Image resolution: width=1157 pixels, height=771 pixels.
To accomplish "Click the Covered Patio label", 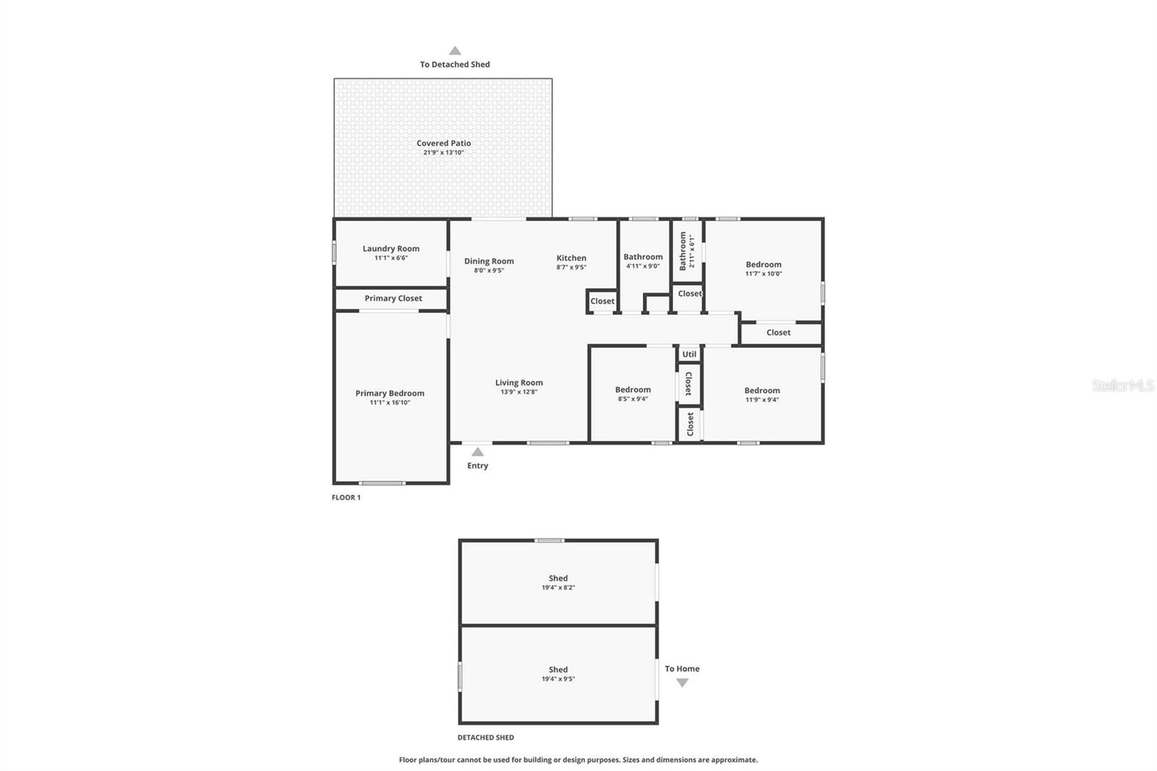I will click(x=443, y=143).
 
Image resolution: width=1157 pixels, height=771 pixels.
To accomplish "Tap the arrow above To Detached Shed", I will click(x=455, y=51).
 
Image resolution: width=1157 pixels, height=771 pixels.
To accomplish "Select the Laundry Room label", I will click(x=390, y=249).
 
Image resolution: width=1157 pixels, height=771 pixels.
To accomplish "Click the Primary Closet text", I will click(x=393, y=298).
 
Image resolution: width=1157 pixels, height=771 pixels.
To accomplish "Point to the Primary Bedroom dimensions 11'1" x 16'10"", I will click(x=390, y=403).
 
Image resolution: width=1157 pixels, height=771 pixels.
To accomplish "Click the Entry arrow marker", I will click(x=477, y=452).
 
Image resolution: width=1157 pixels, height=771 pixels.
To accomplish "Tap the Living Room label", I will click(x=518, y=383).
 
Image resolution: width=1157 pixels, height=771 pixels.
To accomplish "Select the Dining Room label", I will click(x=489, y=261).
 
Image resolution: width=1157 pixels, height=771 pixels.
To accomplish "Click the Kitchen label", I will click(x=571, y=258).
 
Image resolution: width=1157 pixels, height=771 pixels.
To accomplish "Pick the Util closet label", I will click(x=689, y=354).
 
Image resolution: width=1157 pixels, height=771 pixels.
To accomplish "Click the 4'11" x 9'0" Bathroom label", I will click(x=643, y=257).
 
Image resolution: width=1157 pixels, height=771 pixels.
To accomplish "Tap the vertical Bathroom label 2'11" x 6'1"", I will click(x=683, y=251).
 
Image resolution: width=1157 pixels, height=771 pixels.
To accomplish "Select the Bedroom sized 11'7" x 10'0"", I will click(x=764, y=265).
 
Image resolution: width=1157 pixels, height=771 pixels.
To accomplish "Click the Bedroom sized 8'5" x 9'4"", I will click(x=633, y=390).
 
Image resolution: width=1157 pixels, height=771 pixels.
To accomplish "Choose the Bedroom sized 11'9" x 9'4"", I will click(x=762, y=391).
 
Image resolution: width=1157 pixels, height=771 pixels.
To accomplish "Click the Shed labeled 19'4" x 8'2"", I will click(x=558, y=579).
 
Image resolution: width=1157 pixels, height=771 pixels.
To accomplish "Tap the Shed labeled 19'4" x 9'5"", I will click(x=558, y=670).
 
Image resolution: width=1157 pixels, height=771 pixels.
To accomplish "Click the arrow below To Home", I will click(x=682, y=683).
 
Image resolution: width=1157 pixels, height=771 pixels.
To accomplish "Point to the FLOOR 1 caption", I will click(x=346, y=498).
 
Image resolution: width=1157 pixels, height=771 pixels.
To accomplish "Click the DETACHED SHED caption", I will click(x=485, y=738).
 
